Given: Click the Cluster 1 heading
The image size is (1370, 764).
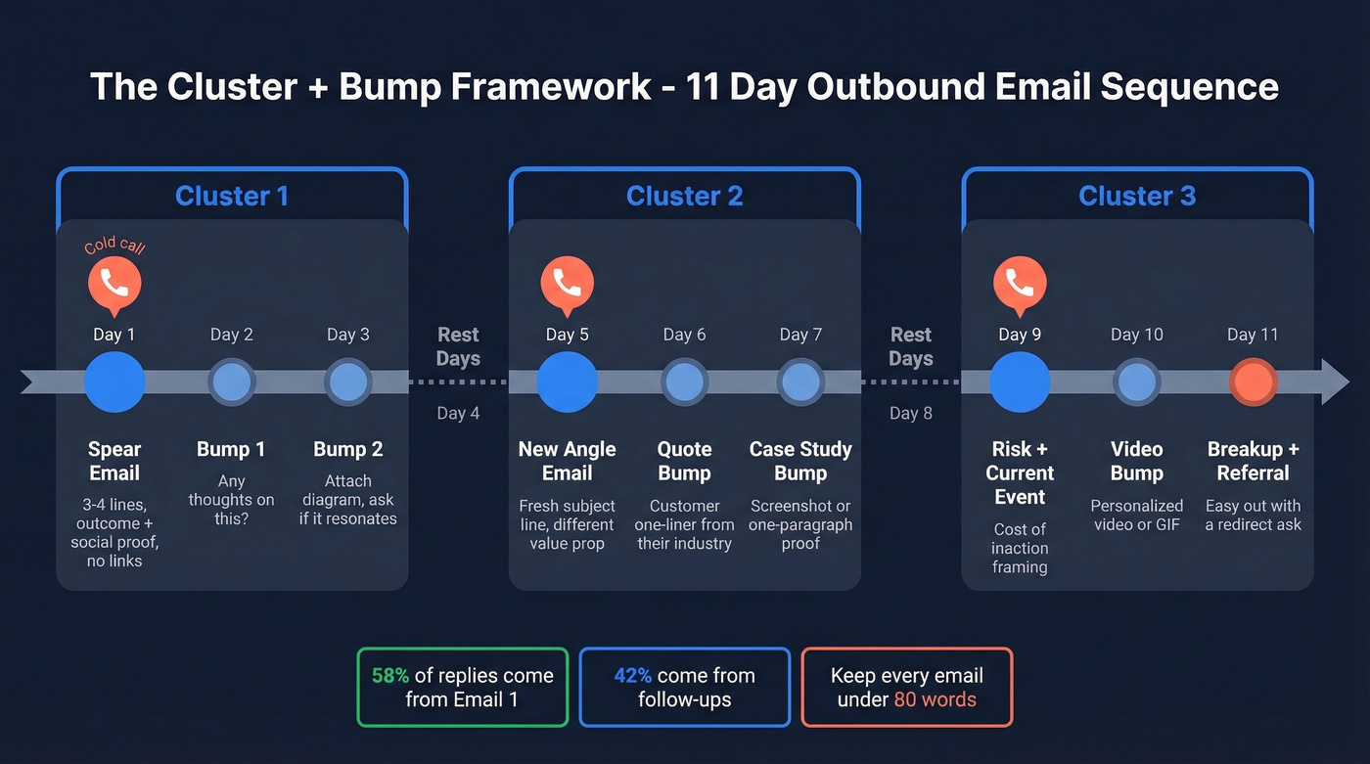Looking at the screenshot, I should point(232,197).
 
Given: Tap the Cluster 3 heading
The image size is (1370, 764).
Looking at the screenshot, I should point(1137,197).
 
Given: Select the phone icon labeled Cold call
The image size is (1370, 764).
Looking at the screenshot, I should point(114,284).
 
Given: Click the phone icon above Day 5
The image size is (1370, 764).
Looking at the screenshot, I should point(567,284).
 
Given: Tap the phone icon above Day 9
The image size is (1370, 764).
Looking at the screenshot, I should point(1020,284).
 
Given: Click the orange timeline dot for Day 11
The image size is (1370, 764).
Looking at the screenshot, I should point(1254,382).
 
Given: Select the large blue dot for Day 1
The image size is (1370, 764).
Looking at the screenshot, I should point(114,382).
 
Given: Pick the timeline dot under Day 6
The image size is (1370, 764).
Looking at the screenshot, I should point(684,382).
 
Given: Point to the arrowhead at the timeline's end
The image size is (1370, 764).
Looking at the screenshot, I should point(1336,382).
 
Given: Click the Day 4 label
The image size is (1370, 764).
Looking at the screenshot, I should point(458,413).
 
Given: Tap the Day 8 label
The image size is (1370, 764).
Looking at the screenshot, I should point(910,413).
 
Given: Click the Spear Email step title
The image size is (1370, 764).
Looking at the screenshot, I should point(114,461).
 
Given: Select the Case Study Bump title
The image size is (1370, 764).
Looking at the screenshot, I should point(800,461).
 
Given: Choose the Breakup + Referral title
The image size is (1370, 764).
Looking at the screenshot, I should point(1254,461).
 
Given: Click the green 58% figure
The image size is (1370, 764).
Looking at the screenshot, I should point(390,676).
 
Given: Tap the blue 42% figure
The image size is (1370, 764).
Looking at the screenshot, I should point(633,676).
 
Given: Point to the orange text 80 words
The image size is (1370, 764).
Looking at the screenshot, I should point(935,699).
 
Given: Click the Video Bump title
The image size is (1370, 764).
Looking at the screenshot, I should point(1136,461).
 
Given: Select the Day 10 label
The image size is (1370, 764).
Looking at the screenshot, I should point(1136,335).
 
